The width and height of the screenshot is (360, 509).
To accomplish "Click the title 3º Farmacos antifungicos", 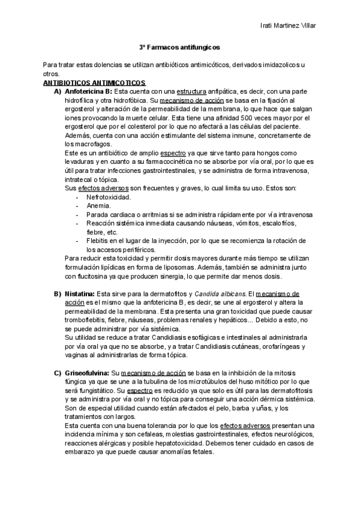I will [179, 46].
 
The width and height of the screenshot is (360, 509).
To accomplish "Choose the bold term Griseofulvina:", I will [88, 373].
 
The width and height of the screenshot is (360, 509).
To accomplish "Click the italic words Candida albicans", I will [220, 294].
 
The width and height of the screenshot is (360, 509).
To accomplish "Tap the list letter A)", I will [58, 91].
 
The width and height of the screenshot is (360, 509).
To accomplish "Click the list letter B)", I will [58, 294].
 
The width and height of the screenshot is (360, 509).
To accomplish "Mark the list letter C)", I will [58, 373].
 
